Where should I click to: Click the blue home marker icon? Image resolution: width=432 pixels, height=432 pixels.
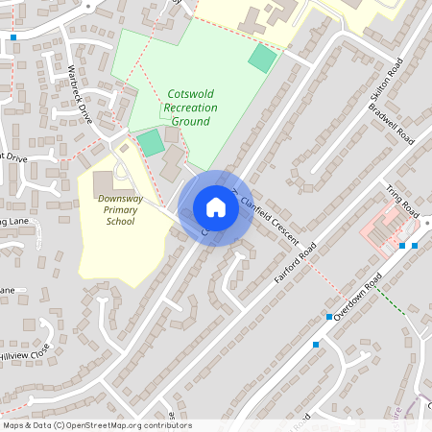click(x=216, y=207)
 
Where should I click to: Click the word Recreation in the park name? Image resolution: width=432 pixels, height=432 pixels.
click(x=190, y=108)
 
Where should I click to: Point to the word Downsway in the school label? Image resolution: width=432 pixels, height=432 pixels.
click(x=121, y=198)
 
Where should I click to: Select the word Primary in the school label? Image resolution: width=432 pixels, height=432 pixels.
click(x=121, y=209)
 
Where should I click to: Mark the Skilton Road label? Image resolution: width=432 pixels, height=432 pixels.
click(x=382, y=91)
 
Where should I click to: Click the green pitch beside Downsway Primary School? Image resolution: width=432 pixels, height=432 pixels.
click(x=150, y=144)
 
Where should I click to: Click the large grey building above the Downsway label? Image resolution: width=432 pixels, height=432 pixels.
click(x=103, y=182)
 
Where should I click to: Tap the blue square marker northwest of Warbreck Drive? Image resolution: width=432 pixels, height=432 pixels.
click(x=13, y=37)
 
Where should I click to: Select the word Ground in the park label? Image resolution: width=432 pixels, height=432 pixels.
click(x=190, y=122)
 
